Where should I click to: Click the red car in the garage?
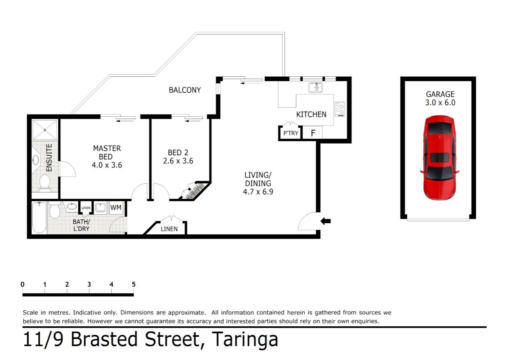point(439,157)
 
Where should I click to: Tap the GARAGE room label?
point(440,94)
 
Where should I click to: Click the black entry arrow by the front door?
point(325,221)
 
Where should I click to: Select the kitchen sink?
point(315,88)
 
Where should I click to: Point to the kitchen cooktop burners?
point(340,109)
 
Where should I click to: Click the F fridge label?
point(313,133)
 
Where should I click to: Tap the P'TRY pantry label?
point(290,133)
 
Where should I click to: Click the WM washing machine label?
point(116,208)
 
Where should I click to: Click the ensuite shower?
point(45,130)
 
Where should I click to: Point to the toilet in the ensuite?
point(45,183)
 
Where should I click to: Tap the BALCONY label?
point(185,90)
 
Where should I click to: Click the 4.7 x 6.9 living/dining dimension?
point(258,192)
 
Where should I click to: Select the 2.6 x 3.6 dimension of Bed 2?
point(178,161)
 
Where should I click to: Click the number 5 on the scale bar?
point(134,284)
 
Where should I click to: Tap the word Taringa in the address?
point(245,339)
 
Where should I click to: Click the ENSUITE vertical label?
point(49,158)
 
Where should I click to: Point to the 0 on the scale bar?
point(22,284)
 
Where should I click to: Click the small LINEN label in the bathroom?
point(86,208)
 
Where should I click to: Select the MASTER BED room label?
point(107,152)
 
